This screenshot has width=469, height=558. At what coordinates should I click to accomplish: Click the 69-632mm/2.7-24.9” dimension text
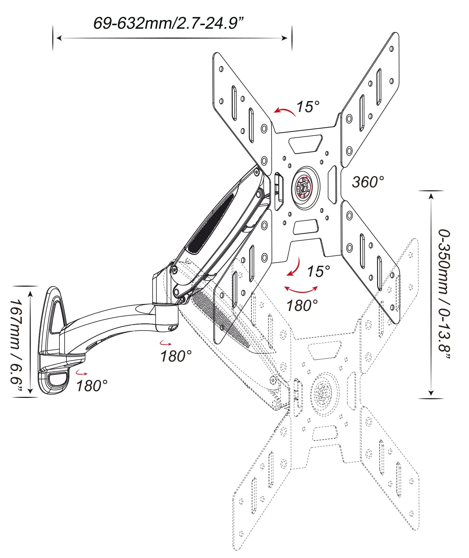169,23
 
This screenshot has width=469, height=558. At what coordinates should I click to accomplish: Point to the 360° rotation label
368,182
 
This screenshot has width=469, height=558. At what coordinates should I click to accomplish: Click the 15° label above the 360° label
308,107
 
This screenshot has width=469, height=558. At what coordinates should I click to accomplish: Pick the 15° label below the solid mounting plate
318,271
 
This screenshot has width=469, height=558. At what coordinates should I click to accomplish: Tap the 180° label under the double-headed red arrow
302,305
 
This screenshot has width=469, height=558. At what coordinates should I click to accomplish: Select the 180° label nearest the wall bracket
92,385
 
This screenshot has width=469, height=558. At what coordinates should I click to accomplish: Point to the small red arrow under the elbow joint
165,343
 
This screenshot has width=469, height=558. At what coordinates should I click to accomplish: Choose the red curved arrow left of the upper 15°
285,111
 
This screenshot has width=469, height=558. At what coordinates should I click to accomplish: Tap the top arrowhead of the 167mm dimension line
31,293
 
